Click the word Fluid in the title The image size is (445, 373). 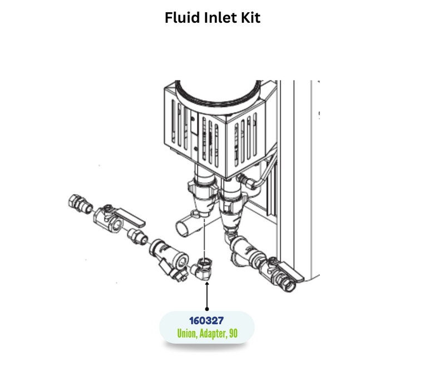(x=182, y=18)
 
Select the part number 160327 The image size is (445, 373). (x=207, y=321)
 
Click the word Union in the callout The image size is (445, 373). (x=189, y=334)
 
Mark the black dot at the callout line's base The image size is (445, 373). (x=207, y=309)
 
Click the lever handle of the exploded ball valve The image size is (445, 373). (x=132, y=218)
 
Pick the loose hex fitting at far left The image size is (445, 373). (x=80, y=203)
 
